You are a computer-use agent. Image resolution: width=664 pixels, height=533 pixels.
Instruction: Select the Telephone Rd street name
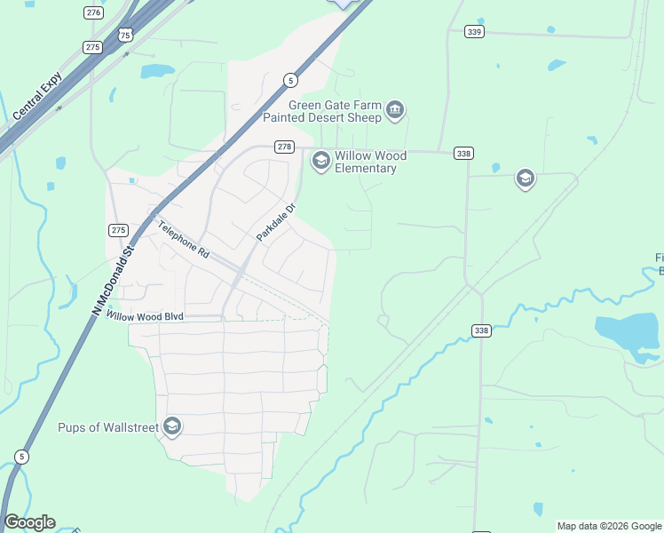point(183,239)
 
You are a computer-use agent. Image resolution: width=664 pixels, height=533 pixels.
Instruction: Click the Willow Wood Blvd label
point(144,315)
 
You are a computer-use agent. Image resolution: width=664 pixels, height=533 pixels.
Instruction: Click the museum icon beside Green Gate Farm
point(395,111)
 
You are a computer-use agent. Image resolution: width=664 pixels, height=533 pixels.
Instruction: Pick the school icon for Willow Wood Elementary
point(320,161)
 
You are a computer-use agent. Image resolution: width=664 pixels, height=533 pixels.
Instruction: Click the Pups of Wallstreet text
point(107,427)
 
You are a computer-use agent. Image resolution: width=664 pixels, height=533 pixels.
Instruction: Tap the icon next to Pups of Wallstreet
point(172,427)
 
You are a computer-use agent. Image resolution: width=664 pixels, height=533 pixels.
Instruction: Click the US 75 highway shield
point(125,35)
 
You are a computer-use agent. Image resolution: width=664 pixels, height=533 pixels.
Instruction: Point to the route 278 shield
point(283,147)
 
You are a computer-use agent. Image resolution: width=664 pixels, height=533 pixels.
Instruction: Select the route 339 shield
point(474,32)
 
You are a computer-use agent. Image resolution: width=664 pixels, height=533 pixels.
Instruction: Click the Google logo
point(29,522)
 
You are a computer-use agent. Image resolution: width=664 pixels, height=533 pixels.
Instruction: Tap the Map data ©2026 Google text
point(609,526)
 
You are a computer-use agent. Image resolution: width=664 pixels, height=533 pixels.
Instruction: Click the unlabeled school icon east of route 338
point(525,179)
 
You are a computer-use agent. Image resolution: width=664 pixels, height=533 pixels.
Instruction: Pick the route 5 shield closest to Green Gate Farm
point(290,80)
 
